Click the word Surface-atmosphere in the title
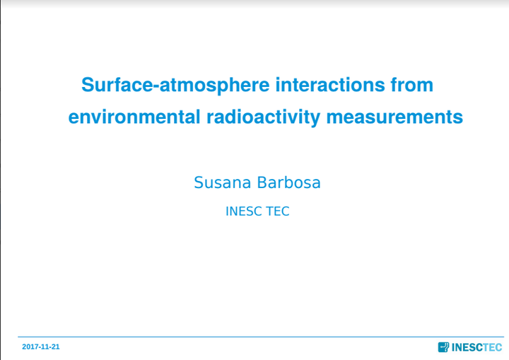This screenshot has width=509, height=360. [x=175, y=85]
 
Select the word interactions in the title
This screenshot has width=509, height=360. [x=330, y=84]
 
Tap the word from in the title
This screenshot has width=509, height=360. [x=412, y=84]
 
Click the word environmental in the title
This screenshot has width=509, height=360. [x=134, y=117]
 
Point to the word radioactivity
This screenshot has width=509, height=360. [x=263, y=117]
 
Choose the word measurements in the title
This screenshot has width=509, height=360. [x=394, y=117]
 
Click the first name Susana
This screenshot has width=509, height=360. [x=223, y=182]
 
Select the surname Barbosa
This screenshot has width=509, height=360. [x=288, y=182]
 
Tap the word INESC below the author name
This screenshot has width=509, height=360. [x=243, y=211]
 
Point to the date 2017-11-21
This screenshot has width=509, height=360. [x=41, y=347]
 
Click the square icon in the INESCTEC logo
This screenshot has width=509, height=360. [x=443, y=347]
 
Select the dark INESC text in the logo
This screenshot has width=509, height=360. [x=467, y=347]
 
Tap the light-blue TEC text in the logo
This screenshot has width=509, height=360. [x=493, y=347]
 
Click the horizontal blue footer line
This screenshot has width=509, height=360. [x=261, y=337]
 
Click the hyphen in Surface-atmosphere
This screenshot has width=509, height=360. [x=156, y=86]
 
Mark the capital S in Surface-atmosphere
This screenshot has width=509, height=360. [x=88, y=84]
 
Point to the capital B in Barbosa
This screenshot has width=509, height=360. [x=262, y=182]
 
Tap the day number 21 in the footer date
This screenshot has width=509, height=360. [x=56, y=347]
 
